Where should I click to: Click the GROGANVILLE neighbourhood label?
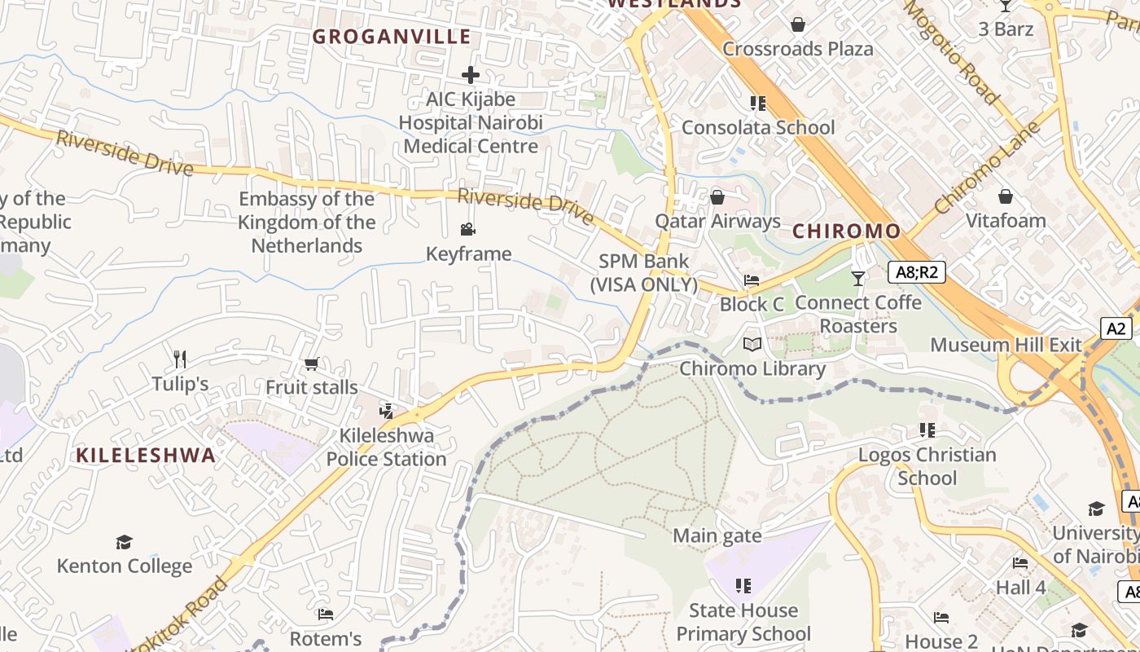coord(392,37)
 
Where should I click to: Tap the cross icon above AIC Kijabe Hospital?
coord(471,75)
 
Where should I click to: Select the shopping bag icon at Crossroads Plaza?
coord(798,24)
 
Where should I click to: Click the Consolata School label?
coord(758,127)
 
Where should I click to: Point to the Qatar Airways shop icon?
coord(717,197)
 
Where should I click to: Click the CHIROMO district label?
coord(846,231)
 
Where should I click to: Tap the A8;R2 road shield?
coord(916,272)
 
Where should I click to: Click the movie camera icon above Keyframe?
coord(467,230)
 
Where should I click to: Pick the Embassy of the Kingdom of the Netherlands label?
coord(307,222)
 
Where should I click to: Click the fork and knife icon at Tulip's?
coord(180,359)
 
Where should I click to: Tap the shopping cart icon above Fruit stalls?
coord(311,363)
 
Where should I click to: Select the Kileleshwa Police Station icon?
coord(387,412)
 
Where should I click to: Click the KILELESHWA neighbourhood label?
coord(147,456)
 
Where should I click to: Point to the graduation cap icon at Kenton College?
coord(124,542)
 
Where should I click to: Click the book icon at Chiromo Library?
coord(752,345)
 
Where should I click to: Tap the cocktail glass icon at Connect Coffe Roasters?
coord(857,279)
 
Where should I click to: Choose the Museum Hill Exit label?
coord(1006,345)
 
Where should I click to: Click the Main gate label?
coord(717,535)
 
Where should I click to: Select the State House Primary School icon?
coord(743,586)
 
